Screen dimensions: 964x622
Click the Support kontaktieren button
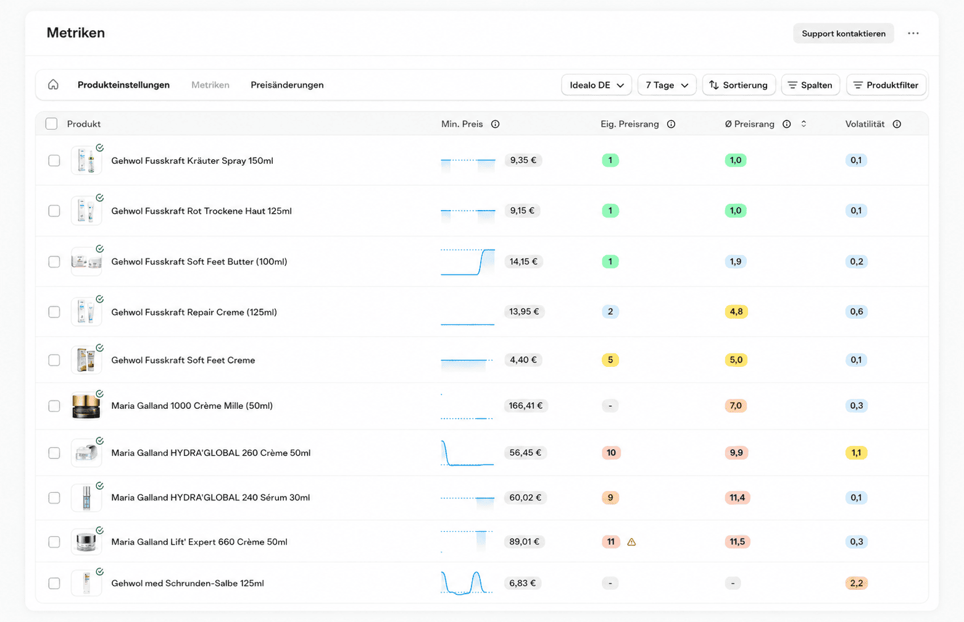pos(843,33)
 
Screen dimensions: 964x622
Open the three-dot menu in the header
pos(913,33)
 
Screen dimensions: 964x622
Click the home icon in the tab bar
pos(53,85)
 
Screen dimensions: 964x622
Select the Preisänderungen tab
pos(287,85)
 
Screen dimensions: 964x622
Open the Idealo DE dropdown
pos(596,85)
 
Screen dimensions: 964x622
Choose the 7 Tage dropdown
pos(667,85)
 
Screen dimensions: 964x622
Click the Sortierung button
pos(739,85)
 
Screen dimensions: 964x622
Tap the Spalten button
pos(810,85)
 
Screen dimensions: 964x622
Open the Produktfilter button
pos(886,85)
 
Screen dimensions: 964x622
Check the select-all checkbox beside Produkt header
pos(52,124)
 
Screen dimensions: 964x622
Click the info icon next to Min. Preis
pos(496,124)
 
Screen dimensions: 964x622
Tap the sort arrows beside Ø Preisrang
pos(804,124)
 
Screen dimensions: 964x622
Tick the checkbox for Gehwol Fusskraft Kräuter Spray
pos(54,161)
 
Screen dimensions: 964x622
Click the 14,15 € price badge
pos(523,261)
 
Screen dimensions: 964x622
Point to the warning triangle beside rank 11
pos(631,542)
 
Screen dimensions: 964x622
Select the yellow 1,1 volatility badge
pos(856,453)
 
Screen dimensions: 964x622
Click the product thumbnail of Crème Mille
pos(86,406)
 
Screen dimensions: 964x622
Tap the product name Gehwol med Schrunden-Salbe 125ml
pos(188,583)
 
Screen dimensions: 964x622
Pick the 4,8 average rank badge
pos(736,311)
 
